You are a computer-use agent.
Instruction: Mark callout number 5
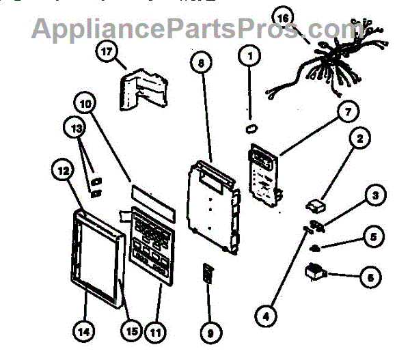(x=374, y=237)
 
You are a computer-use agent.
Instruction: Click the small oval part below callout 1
(x=251, y=127)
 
